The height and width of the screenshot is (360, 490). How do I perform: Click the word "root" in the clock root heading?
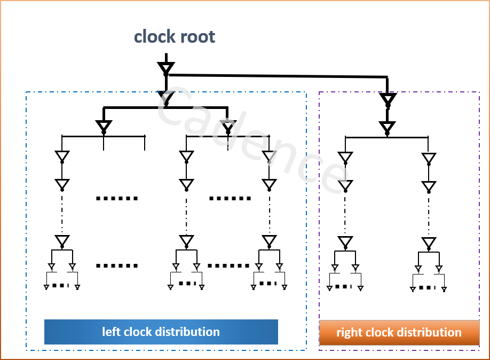pyautogui.click(x=197, y=37)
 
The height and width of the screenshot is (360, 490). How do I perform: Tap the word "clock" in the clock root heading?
pyautogui.click(x=155, y=37)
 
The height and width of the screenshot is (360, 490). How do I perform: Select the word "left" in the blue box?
pyautogui.click(x=111, y=332)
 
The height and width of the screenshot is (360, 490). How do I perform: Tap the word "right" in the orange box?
pyautogui.click(x=349, y=332)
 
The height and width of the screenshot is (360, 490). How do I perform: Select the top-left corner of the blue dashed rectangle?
pyautogui.click(x=26, y=92)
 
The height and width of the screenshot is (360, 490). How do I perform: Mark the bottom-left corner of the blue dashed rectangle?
pyautogui.click(x=26, y=350)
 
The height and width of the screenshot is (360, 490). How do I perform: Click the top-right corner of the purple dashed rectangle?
pyautogui.click(x=479, y=92)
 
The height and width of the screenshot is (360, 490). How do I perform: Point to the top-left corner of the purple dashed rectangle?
pyautogui.click(x=319, y=92)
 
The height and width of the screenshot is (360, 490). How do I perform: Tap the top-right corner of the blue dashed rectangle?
pyautogui.click(x=306, y=92)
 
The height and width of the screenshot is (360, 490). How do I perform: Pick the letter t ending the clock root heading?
pyautogui.click(x=212, y=37)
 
